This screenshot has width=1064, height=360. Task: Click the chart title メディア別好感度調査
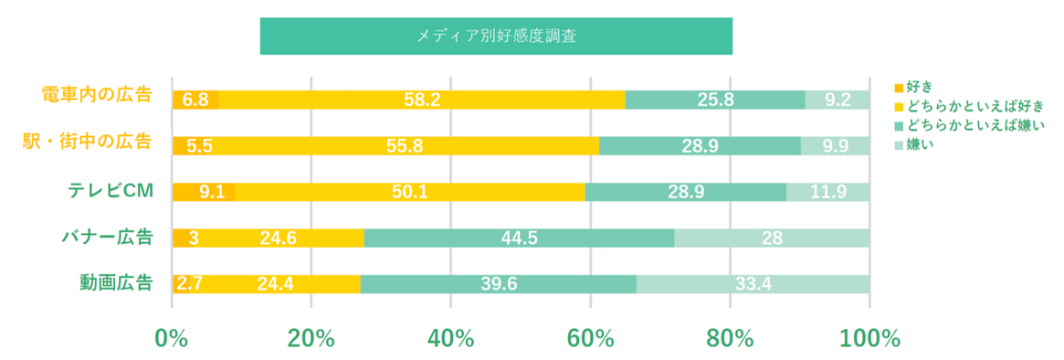tap(496, 36)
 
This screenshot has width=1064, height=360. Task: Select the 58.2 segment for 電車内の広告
tap(421, 100)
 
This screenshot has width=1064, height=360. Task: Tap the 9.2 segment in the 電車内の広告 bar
tap(838, 100)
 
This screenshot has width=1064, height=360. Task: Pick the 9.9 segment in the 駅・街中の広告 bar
tap(836, 145)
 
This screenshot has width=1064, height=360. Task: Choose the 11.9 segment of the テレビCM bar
tap(828, 192)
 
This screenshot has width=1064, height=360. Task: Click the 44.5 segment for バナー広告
tap(519, 238)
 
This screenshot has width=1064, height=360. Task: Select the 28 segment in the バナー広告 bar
tap(773, 238)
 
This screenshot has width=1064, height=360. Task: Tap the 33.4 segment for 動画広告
tap(753, 284)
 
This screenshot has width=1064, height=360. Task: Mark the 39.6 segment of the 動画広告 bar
tap(499, 284)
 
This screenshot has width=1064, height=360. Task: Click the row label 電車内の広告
tap(97, 94)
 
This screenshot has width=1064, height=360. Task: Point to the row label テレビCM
tap(110, 189)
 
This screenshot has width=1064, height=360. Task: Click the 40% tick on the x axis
tap(450, 338)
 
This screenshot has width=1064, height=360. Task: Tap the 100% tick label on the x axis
tap(869, 338)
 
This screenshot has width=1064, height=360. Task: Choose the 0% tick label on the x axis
tap(172, 338)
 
